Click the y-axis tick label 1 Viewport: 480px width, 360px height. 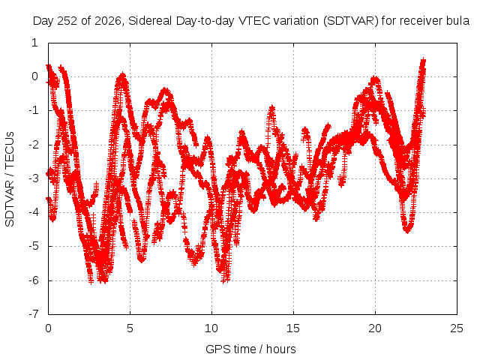coord(35,43)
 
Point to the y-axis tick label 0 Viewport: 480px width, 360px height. coord(34,76)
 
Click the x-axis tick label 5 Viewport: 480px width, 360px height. coord(130,328)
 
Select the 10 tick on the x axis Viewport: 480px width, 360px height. coord(211,328)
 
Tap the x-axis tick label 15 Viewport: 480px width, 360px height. coord(293,328)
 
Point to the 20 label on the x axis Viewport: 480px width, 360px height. coord(375,328)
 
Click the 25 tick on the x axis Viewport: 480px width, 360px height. coord(457,328)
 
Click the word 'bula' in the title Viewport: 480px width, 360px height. coord(457,21)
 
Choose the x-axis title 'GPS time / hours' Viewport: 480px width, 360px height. coord(250,349)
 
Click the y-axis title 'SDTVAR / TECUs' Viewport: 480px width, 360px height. coord(10,179)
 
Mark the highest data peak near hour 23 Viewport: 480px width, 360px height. coord(423,60)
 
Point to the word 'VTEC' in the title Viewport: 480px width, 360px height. coord(255,21)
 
